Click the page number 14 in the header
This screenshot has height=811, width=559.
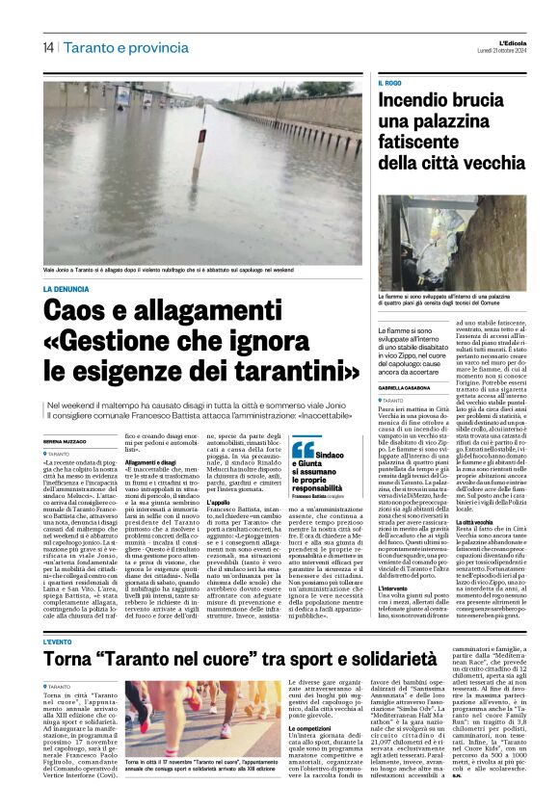tap(47, 48)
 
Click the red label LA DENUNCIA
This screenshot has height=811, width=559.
tap(66, 289)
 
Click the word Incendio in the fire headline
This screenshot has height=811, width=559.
tap(422, 100)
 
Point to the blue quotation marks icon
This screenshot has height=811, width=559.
tap(303, 448)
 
